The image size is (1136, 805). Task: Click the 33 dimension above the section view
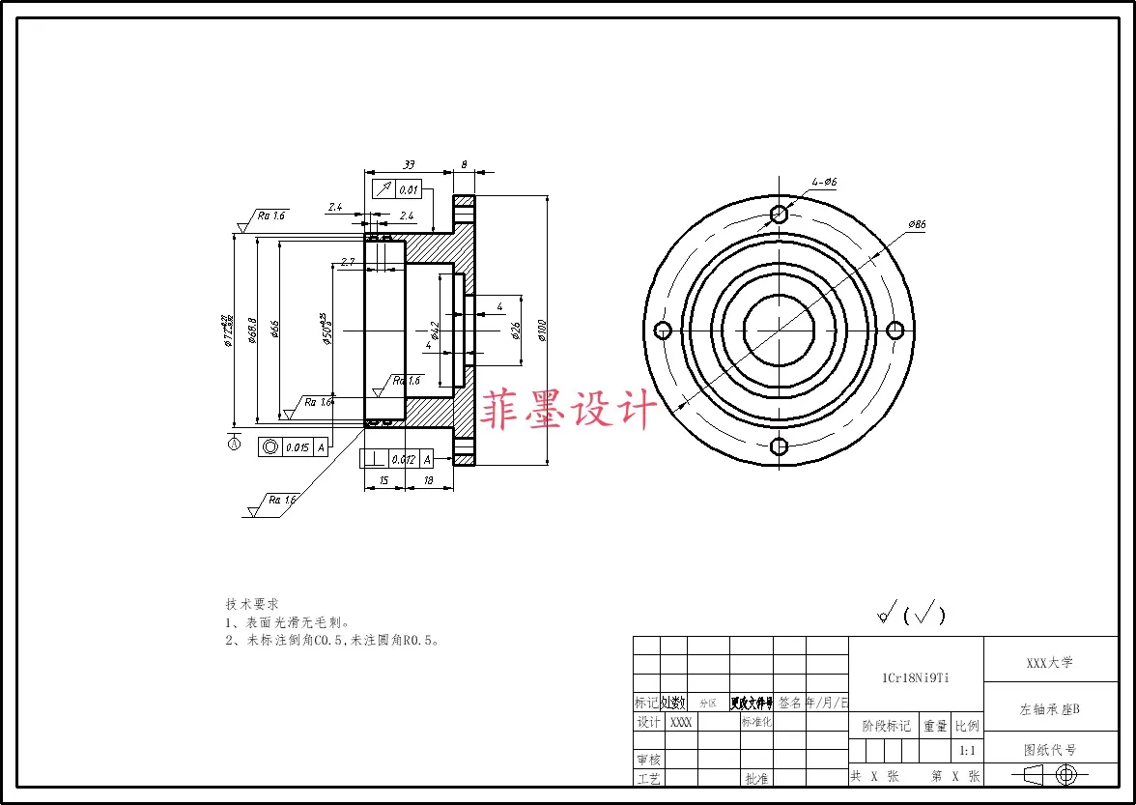click(x=408, y=164)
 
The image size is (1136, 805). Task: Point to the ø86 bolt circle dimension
click(x=917, y=224)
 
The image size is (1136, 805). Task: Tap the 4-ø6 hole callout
click(x=824, y=182)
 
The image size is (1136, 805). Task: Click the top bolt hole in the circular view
click(x=779, y=213)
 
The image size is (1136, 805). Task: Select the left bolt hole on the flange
click(x=663, y=331)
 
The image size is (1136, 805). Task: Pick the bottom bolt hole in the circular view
click(x=779, y=446)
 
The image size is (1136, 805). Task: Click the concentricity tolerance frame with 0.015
click(x=294, y=446)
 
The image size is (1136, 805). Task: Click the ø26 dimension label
click(x=517, y=330)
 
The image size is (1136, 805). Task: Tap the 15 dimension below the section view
click(x=383, y=480)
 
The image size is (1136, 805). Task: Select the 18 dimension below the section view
click(x=429, y=480)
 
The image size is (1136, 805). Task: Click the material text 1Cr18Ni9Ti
click(x=915, y=677)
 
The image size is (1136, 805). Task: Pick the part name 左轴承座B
click(x=1050, y=709)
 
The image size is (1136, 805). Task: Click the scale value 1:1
click(x=966, y=750)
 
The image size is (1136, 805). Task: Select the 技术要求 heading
click(x=252, y=603)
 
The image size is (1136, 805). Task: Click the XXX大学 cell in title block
click(x=1050, y=663)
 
